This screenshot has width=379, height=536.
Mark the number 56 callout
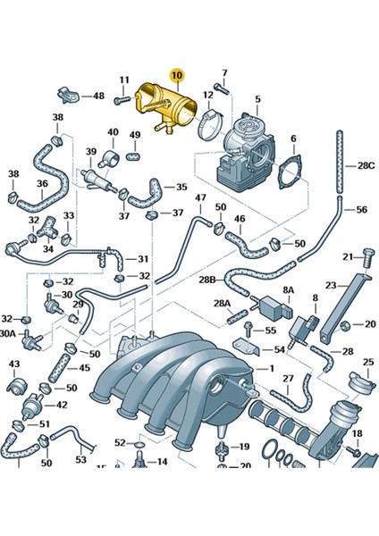point(362,210)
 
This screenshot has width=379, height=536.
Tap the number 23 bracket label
point(331,287)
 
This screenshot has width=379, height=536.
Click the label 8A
point(289,290)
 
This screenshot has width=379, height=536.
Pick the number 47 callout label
point(201,197)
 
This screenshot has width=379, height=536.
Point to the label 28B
point(207,280)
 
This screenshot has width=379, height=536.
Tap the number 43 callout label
point(14,364)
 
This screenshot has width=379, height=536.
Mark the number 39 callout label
point(90,152)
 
